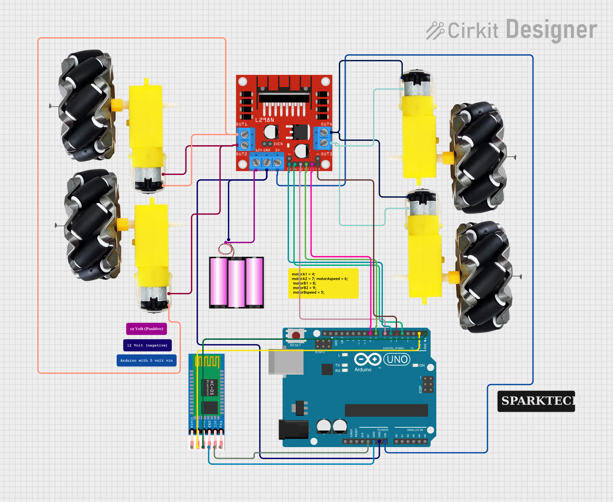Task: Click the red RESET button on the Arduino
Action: click(296, 335)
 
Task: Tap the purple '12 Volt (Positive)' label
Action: click(146, 329)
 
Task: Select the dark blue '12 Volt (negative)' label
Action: click(147, 345)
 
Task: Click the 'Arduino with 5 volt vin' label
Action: click(146, 360)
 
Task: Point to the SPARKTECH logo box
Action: click(536, 401)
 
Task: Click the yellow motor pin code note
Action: click(323, 283)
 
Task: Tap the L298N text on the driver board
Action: click(264, 120)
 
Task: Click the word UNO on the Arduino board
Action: click(397, 359)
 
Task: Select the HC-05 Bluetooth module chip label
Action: click(211, 388)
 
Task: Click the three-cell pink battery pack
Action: click(236, 283)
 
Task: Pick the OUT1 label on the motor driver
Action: click(241, 124)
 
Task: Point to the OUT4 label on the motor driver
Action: click(326, 124)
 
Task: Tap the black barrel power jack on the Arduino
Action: click(293, 429)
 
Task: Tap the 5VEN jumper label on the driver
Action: click(278, 144)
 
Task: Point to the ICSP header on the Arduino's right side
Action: click(428, 385)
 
